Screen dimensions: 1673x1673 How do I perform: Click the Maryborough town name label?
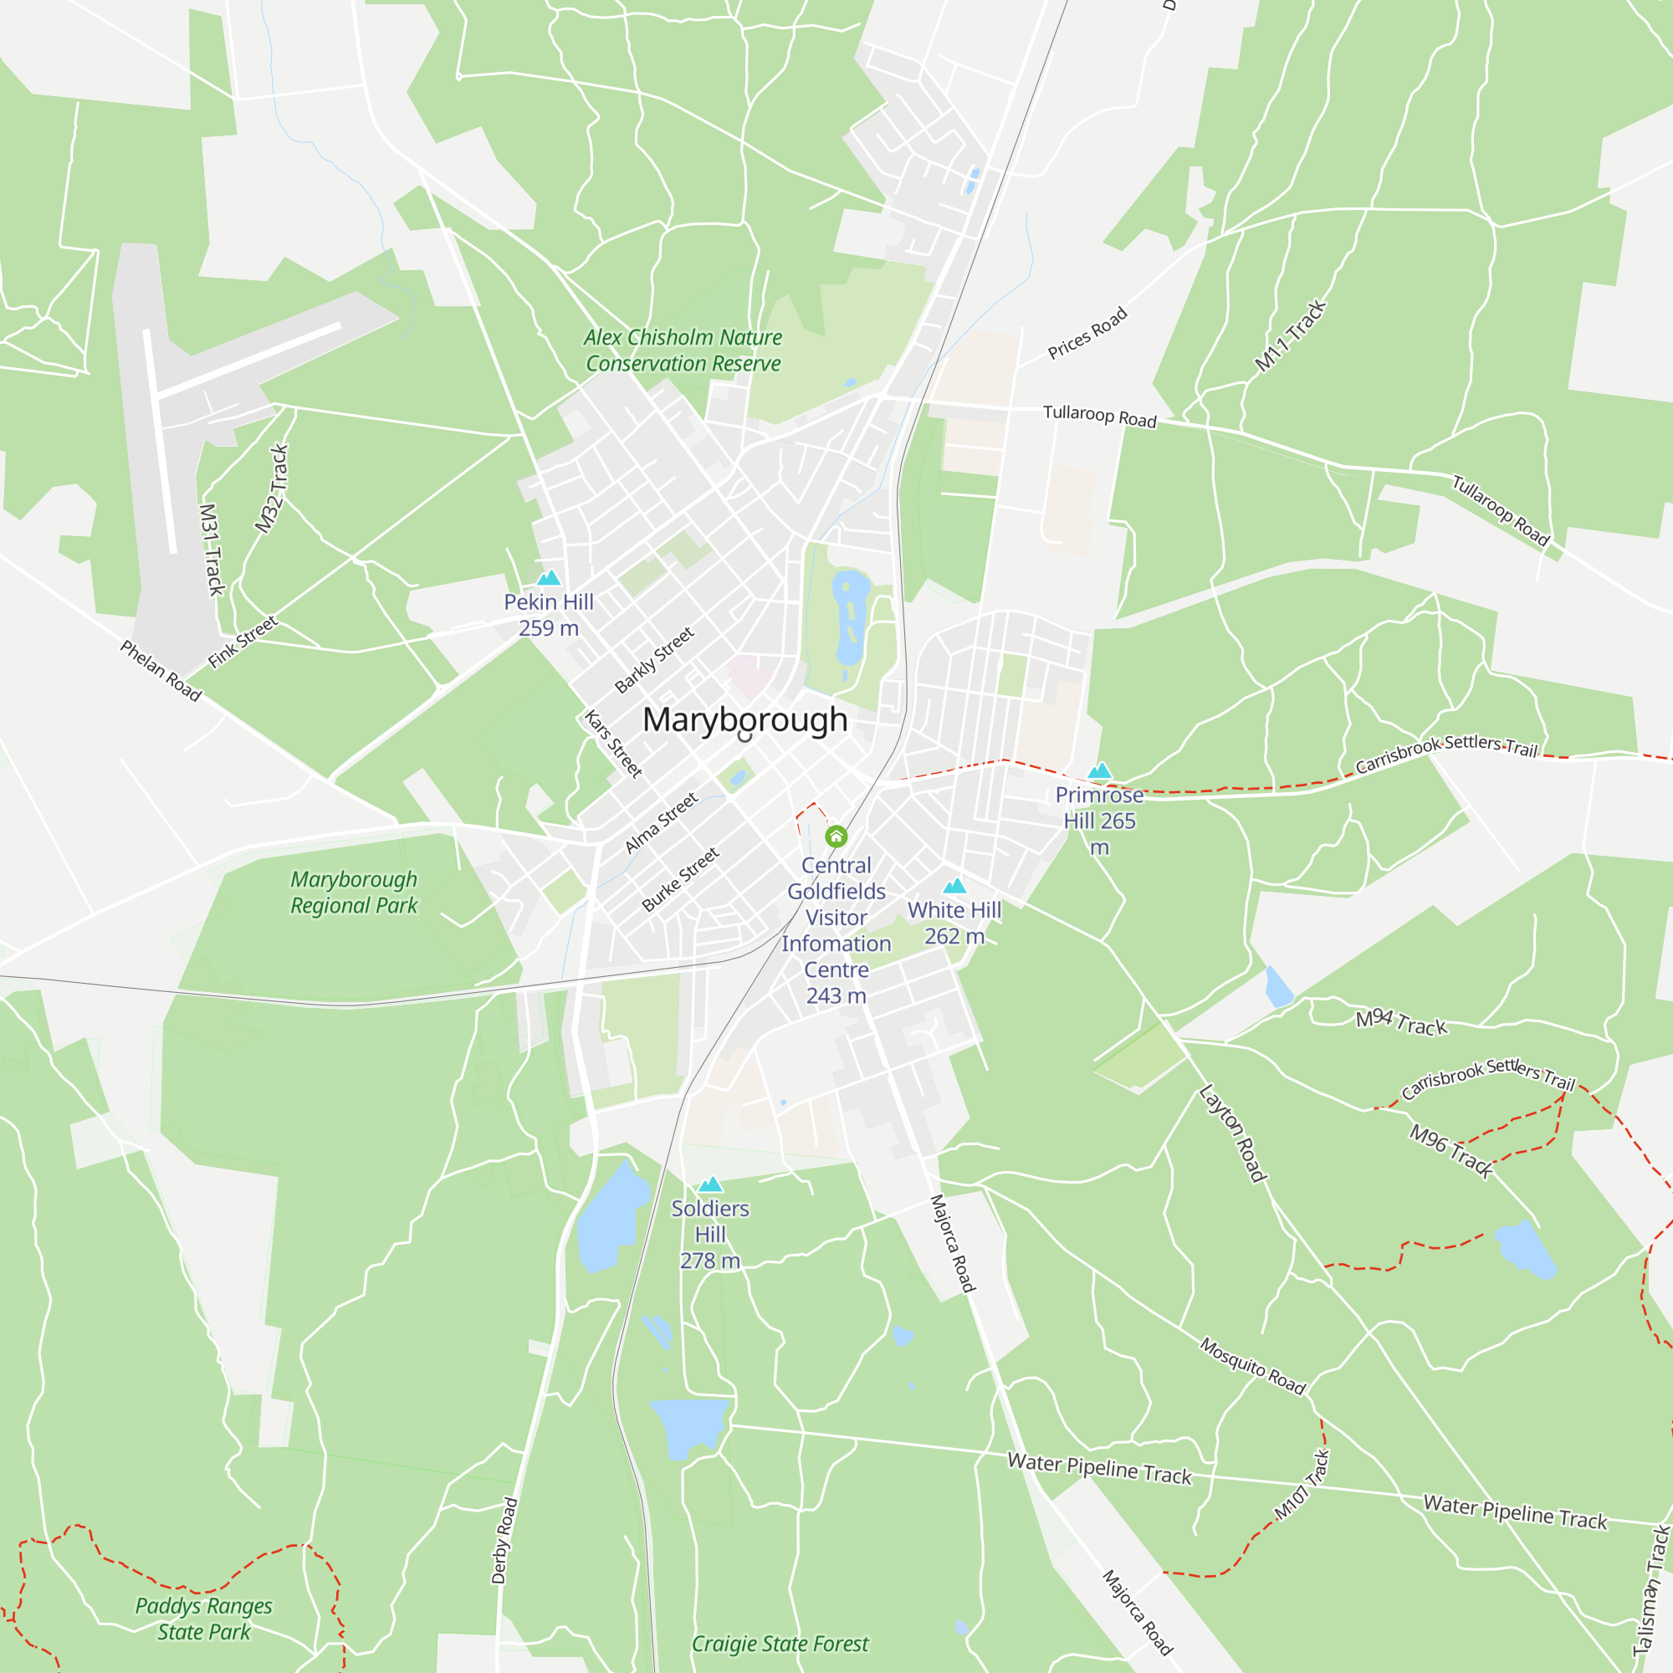[x=744, y=720]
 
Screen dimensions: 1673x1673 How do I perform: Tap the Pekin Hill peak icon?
[x=548, y=577]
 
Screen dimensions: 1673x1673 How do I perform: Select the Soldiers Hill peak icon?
[x=710, y=1184]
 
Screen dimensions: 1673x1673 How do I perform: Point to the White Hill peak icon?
[x=954, y=885]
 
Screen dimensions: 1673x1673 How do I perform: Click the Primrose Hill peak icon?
[x=1099, y=770]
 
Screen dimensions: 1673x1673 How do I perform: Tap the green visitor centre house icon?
[x=836, y=836]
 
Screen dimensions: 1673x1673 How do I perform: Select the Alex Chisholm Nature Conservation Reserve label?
[x=683, y=350]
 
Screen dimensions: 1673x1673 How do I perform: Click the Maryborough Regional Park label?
[x=353, y=893]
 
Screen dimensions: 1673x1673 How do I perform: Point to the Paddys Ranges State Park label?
[x=203, y=1619]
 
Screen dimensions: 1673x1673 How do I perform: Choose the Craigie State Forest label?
[x=780, y=1644]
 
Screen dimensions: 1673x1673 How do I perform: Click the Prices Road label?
[x=1087, y=333]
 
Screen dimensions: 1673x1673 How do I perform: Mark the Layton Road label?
[x=1233, y=1133]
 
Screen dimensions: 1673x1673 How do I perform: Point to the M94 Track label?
[x=1400, y=1023]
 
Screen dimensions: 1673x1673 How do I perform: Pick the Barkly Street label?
[x=654, y=660]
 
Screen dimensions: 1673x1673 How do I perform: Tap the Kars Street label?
[x=613, y=744]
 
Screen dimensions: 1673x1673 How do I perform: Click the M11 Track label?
[x=1290, y=336]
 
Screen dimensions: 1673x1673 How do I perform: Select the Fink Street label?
[x=243, y=642]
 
